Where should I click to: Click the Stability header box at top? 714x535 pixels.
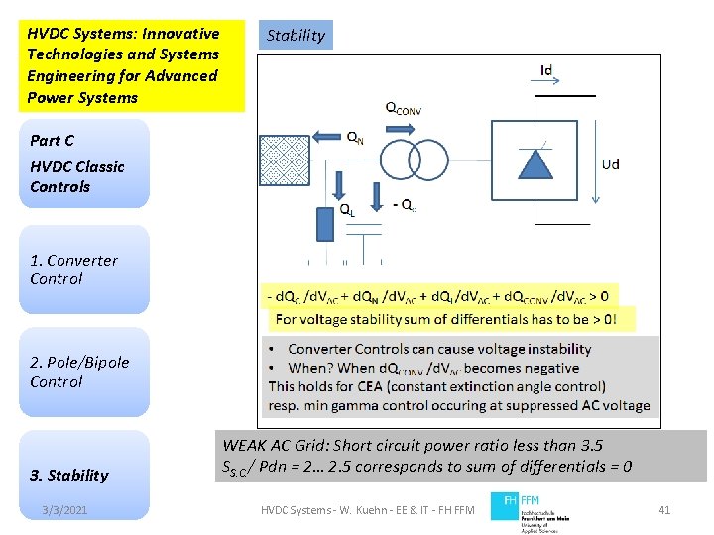pos(296,36)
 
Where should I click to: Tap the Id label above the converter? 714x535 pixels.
pos(546,71)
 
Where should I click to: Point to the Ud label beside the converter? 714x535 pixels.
pos(611,163)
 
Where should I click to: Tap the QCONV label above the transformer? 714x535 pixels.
pos(403,109)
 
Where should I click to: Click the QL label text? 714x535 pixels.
pos(348,209)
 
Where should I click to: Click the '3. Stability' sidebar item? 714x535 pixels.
pos(68,475)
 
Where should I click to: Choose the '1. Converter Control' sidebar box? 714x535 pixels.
pos(88,269)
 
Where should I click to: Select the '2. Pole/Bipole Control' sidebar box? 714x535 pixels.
pos(88,372)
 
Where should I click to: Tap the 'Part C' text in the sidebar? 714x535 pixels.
pos(52,141)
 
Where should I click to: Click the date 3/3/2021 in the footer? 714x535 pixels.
pos(65,509)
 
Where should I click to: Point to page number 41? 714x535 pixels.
pos(664,509)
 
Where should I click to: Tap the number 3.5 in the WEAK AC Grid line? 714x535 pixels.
pos(583,445)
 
